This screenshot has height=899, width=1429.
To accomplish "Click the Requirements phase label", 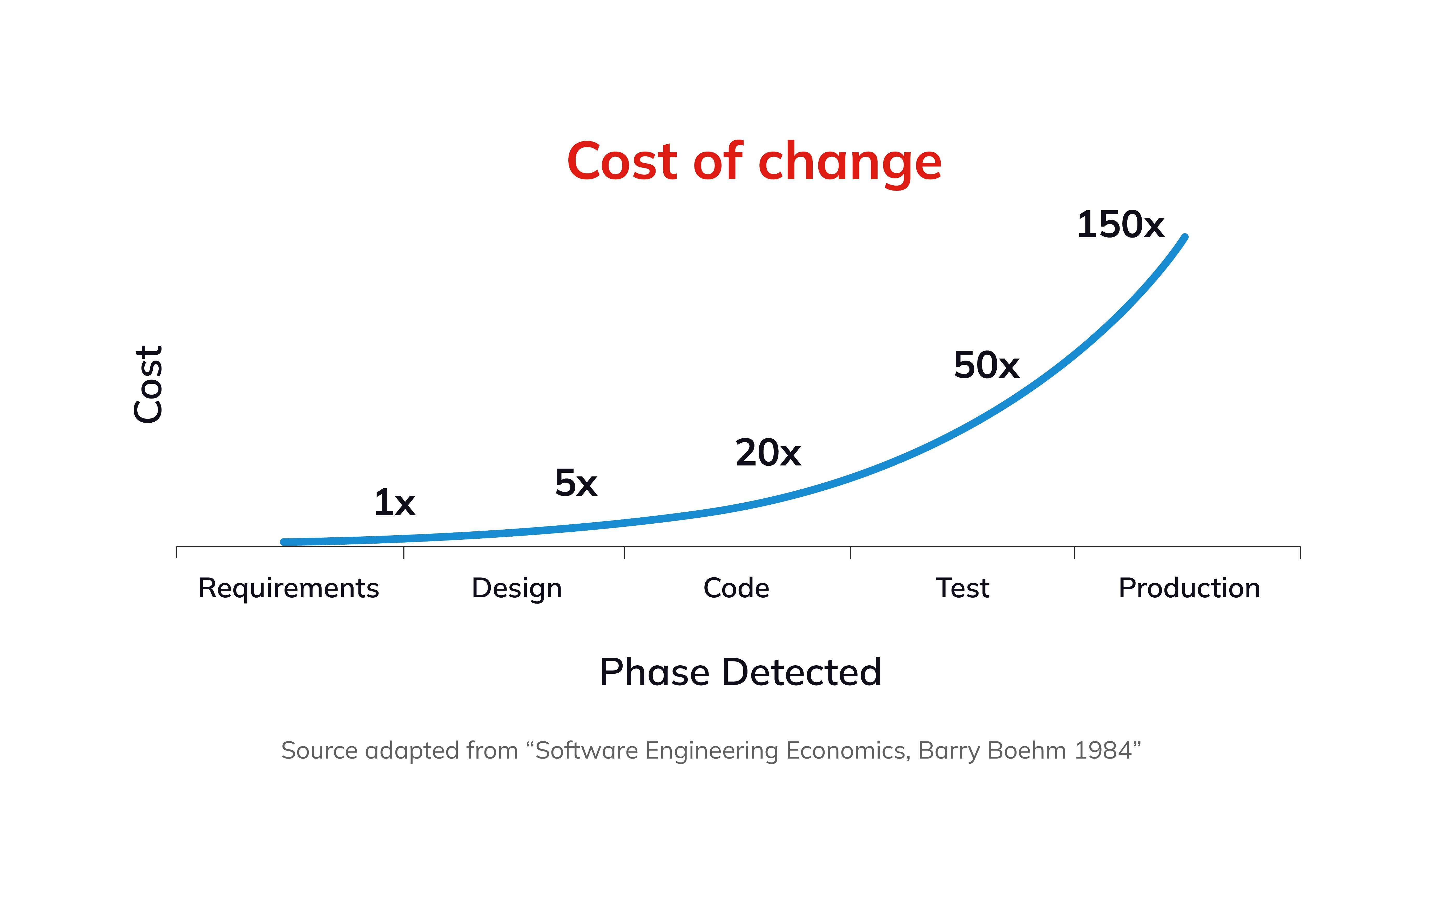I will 288,588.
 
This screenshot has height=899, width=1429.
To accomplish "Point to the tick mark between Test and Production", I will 1074,552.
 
